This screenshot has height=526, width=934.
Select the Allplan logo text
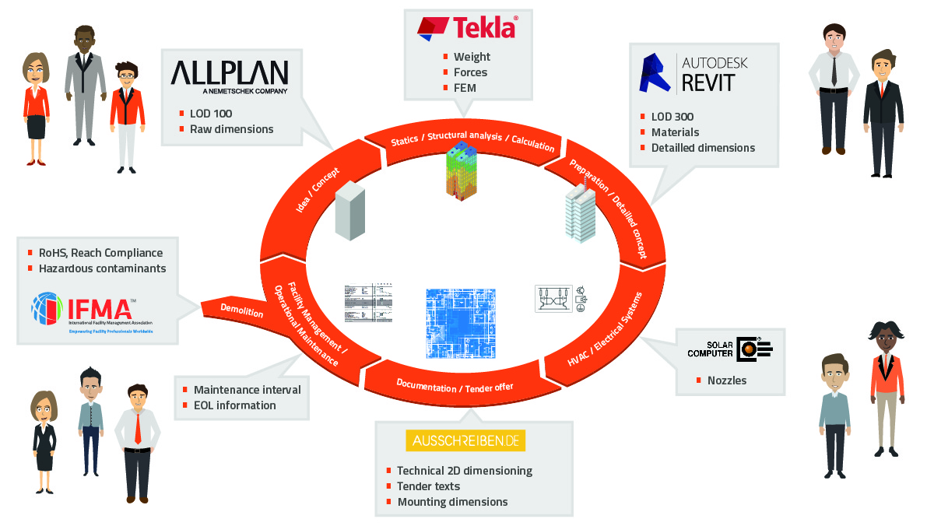tap(229, 75)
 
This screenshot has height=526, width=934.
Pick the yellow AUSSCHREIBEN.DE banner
tap(465, 441)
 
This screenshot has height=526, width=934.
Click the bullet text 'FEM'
tap(465, 88)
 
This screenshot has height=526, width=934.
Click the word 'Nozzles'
tap(726, 380)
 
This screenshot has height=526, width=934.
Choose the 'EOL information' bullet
tap(234, 405)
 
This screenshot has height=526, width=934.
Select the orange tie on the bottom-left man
tap(138, 427)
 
